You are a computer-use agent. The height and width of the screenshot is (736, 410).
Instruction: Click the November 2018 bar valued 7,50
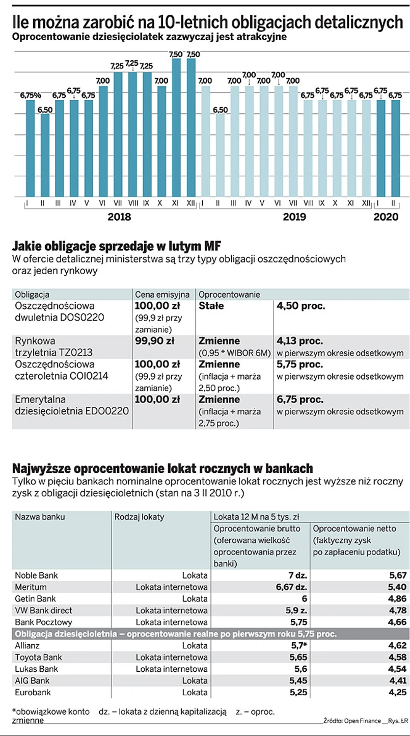pyautogui.click(x=176, y=127)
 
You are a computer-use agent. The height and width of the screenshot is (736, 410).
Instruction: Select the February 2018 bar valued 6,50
pyautogui.click(x=44, y=155)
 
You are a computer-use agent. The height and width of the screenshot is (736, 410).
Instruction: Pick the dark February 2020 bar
pyautogui.click(x=395, y=148)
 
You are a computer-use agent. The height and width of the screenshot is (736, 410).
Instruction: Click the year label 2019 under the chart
pyautogui.click(x=294, y=217)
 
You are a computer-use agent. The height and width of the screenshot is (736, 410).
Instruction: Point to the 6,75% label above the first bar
pyautogui.click(x=31, y=95)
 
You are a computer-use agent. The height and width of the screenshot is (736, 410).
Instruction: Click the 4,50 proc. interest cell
pyautogui.click(x=301, y=307)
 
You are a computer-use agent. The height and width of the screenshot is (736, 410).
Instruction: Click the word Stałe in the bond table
pyautogui.click(x=211, y=307)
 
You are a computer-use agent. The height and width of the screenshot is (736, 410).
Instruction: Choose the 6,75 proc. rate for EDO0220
pyautogui.click(x=300, y=400)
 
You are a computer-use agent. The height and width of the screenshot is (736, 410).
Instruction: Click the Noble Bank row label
pyautogui.click(x=36, y=575)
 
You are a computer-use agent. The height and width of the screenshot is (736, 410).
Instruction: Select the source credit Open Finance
pyautogui.click(x=362, y=721)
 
